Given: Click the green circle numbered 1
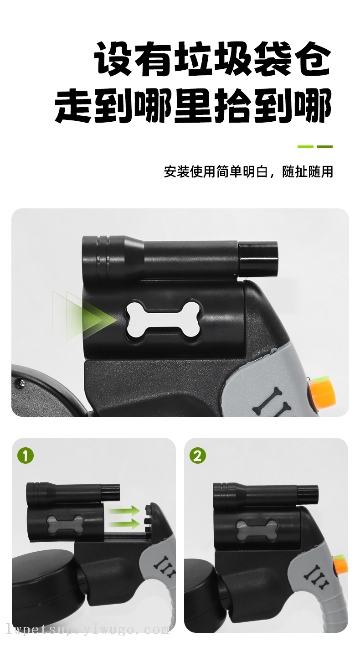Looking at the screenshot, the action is pos(26,455).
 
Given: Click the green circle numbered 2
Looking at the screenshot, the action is pos(198,455).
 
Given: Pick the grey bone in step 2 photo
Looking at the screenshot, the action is pos(257,528).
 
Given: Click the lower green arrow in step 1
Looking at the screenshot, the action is pos(123,524).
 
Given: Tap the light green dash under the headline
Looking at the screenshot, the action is pos(305,147).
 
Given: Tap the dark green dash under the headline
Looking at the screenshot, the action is pos(324,147).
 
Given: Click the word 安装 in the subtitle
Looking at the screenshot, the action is pos(177,172).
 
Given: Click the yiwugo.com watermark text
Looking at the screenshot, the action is pos(87,630).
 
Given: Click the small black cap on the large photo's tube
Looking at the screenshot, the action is pos(258,259).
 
